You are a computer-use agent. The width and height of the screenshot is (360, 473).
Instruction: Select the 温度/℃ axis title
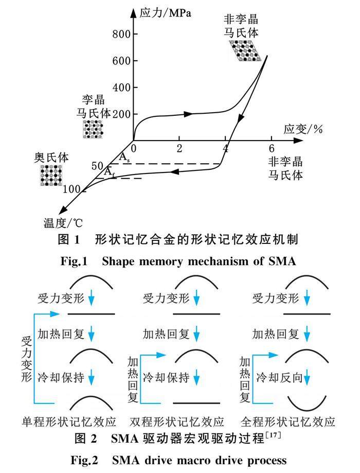pyautogui.click(x=62, y=223)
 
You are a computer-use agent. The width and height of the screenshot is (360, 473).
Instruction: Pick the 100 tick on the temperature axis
pyautogui.click(x=71, y=189)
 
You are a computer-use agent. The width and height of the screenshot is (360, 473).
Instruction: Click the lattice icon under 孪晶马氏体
pyautogui.click(x=93, y=129)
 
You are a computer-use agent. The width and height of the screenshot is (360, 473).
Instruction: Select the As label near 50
pyautogui.click(x=124, y=158)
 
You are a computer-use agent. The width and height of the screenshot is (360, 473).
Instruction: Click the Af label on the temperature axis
pyautogui.click(x=110, y=172)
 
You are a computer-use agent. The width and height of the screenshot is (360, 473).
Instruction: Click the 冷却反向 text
pyautogui.click(x=276, y=377)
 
